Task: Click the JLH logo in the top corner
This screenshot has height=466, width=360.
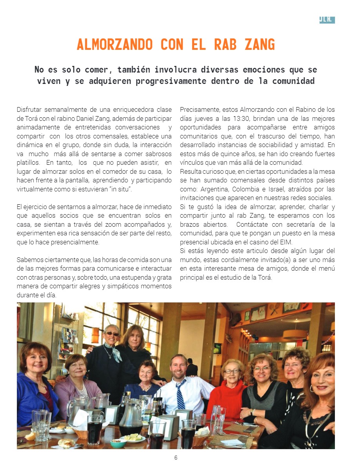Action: tap(327, 20)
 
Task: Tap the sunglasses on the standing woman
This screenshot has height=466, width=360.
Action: tap(112, 333)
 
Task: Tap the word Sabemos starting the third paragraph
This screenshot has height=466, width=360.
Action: tap(29, 260)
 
